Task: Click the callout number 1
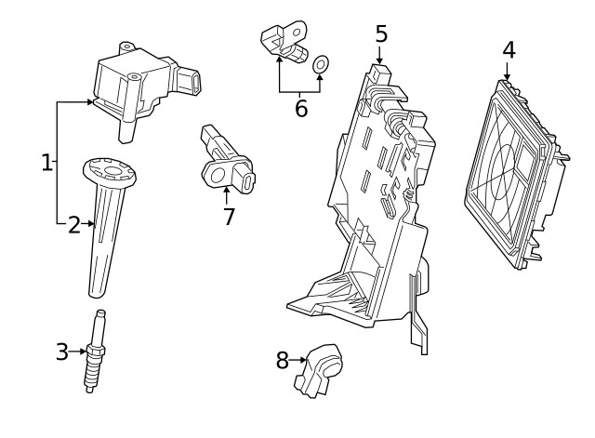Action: (x=46, y=163)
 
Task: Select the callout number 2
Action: (x=73, y=224)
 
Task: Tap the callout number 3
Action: (x=61, y=352)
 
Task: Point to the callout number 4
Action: (x=509, y=49)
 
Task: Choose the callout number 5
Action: (x=381, y=33)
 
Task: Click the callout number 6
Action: (x=300, y=108)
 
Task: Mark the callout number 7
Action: (x=229, y=217)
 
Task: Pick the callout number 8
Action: (x=283, y=360)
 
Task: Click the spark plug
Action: (x=94, y=353)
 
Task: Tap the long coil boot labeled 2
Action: (x=105, y=242)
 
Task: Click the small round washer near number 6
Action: (x=321, y=64)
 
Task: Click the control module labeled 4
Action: (x=510, y=172)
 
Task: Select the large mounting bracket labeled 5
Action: (x=372, y=214)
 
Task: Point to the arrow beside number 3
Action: (x=77, y=352)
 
